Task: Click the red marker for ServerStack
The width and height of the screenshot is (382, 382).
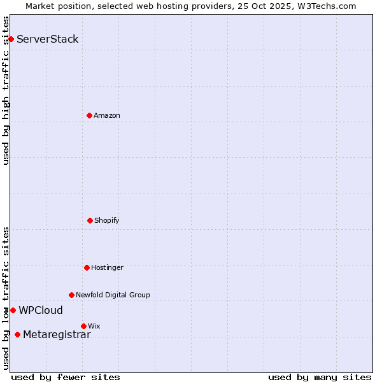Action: [x=11, y=39]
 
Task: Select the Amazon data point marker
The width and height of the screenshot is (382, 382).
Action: [x=89, y=115]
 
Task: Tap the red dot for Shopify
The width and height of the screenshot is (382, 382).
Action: [x=90, y=220]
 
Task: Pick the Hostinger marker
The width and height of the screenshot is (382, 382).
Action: [x=87, y=267]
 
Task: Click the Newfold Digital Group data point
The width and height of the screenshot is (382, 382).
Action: [x=71, y=295]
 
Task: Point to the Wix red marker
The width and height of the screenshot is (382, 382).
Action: [x=83, y=326]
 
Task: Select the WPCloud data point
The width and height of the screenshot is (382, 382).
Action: [x=13, y=310]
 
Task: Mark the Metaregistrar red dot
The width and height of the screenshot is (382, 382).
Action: [x=17, y=335]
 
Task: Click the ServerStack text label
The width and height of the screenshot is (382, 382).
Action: [x=48, y=39]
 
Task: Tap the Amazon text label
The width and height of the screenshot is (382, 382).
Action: [x=107, y=115]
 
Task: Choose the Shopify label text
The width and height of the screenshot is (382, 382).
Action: [x=107, y=220]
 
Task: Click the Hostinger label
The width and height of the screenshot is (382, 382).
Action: [x=107, y=267]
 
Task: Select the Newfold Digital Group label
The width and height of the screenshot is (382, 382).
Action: [x=113, y=295]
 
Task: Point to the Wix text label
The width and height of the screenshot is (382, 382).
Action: [x=94, y=326]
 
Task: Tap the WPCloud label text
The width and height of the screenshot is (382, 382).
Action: [x=41, y=311]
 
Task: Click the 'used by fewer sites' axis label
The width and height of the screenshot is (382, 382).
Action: [x=66, y=377]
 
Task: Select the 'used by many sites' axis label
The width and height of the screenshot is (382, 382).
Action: [x=320, y=377]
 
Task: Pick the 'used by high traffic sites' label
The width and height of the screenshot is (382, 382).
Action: [x=6, y=90]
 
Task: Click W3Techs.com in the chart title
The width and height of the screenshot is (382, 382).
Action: [x=325, y=6]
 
